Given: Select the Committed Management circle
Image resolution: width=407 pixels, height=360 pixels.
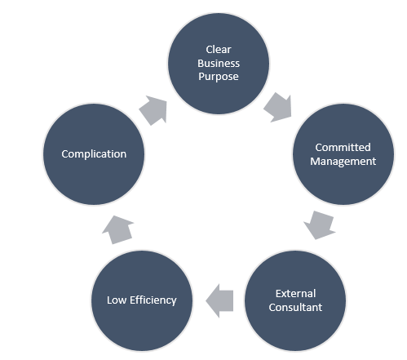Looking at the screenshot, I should [x=343, y=153].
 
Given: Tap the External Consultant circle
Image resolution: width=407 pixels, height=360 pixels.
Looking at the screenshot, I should [x=297, y=300].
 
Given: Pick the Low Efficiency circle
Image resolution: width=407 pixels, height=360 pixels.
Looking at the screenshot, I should [x=142, y=300].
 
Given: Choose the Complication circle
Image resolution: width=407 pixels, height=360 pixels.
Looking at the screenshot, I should [x=94, y=153].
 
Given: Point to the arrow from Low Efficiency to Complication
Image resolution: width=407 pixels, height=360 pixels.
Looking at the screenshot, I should [x=118, y=229].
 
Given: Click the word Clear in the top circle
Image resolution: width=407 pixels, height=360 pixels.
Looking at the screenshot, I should [x=219, y=50].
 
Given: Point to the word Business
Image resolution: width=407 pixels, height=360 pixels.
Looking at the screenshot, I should [x=219, y=64].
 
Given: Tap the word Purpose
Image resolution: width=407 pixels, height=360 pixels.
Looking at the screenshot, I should [x=219, y=78].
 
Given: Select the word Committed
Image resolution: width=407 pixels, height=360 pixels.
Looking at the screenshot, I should [x=343, y=147].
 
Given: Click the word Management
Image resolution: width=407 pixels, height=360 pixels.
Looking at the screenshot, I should [x=346, y=161].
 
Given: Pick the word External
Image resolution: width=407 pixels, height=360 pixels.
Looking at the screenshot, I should [x=295, y=293].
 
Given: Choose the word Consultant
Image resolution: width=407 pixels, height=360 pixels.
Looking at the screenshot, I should [x=297, y=307].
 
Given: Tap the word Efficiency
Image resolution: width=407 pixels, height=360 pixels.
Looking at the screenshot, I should [x=153, y=300].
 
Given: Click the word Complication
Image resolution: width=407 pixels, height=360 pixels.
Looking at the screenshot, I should [x=94, y=153].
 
